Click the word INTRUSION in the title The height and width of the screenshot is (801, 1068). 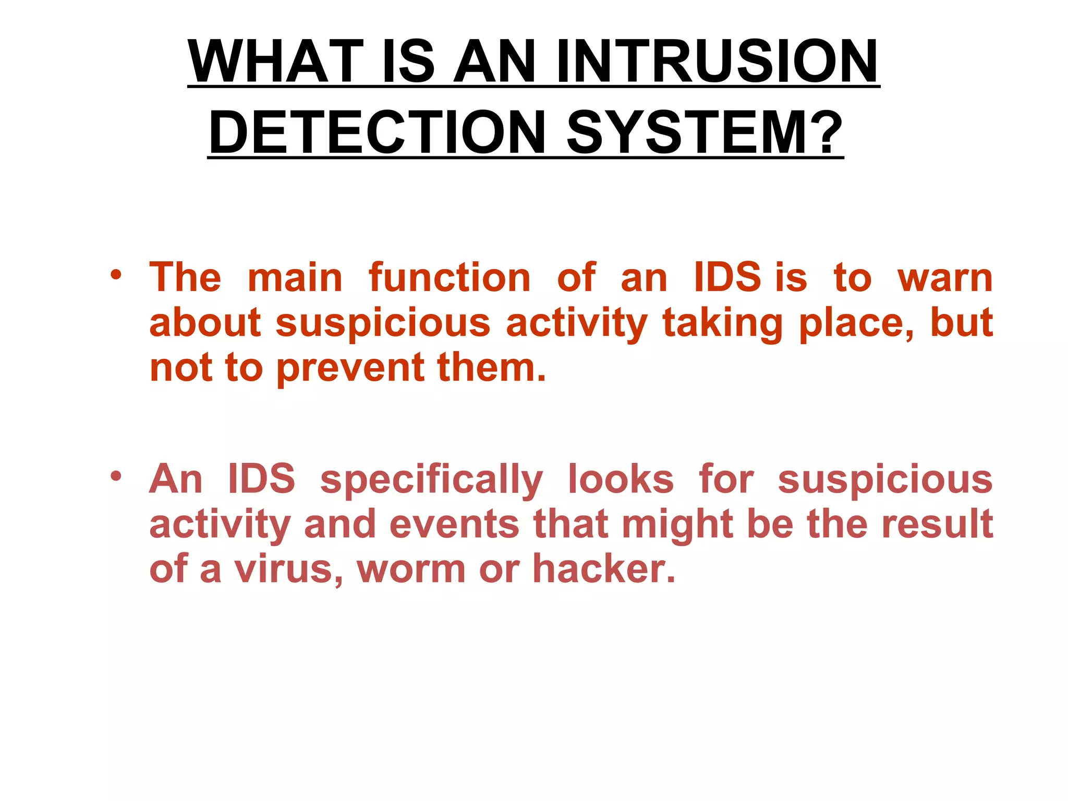717,62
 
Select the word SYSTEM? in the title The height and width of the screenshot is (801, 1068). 705,132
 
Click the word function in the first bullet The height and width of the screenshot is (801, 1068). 450,277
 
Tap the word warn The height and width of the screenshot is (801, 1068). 944,277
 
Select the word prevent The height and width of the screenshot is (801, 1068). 349,368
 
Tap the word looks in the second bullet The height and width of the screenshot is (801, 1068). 621,479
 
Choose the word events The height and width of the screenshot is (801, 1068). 454,524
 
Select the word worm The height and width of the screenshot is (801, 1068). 411,569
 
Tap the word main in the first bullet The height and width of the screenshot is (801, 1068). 295,277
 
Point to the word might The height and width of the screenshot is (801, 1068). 678,525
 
